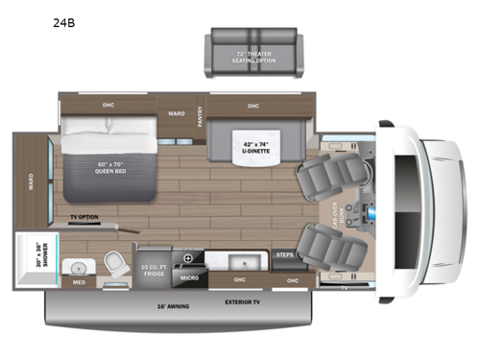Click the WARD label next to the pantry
pyautogui.click(x=177, y=111)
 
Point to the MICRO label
pyautogui.click(x=188, y=279)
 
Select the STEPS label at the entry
pyautogui.click(x=285, y=255)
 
